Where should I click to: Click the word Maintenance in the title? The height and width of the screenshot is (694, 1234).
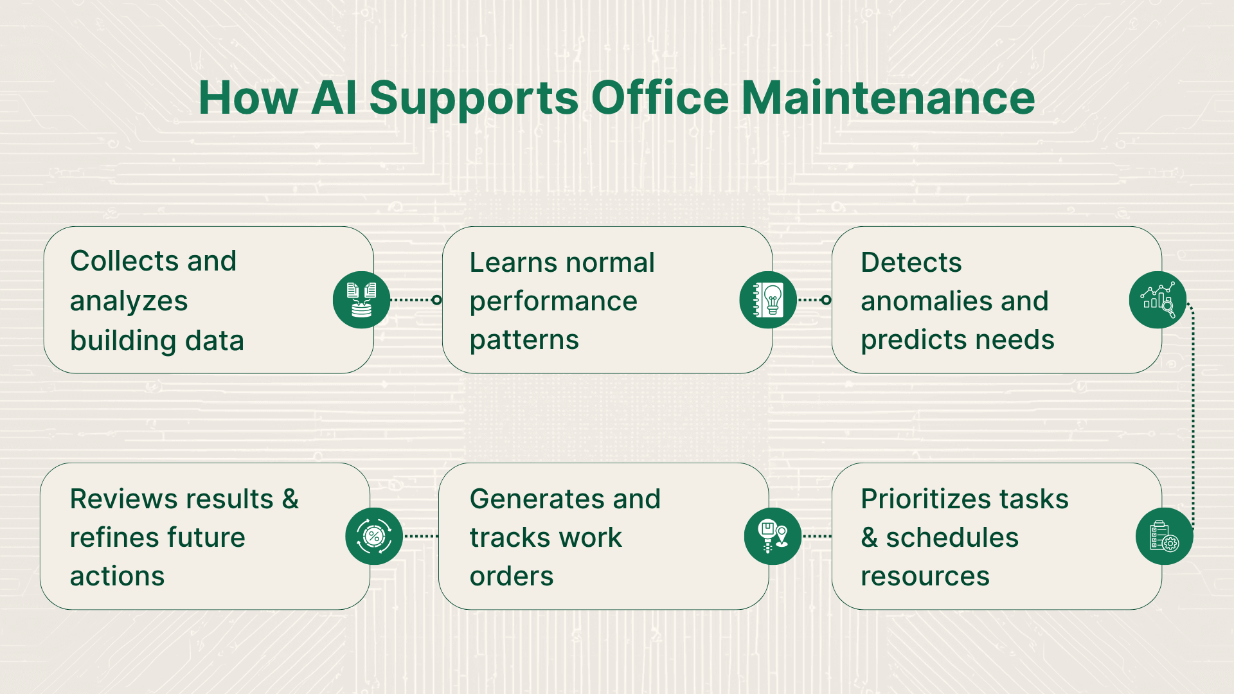pos(888,98)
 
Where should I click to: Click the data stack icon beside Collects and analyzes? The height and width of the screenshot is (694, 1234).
pos(361,300)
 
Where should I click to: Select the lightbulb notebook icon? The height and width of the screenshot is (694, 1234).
pos(768,300)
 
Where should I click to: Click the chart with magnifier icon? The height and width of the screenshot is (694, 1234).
pos(1158,300)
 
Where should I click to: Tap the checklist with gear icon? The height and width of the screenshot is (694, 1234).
pos(1164,537)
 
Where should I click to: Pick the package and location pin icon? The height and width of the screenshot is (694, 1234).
pos(773,537)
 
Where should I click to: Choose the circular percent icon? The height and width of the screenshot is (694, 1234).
pos(374,537)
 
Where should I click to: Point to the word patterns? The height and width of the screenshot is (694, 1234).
pos(524,340)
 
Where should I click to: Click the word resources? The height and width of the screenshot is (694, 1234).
pos(925,576)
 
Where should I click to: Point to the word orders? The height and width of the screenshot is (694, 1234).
pos(512,576)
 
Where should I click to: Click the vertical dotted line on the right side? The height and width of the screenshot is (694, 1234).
pos(1193,418)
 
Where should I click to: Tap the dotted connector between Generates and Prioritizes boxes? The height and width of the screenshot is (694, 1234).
pos(817,536)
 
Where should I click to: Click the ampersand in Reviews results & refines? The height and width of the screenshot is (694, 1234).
pos(291,499)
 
